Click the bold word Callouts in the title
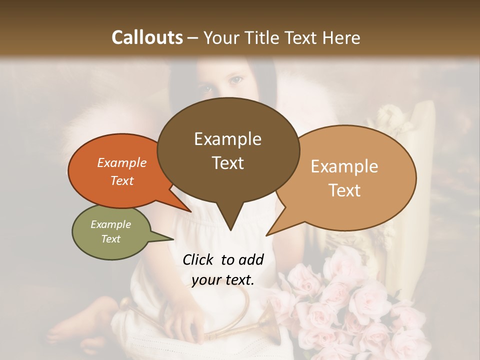click(147, 37)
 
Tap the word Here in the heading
click(340, 37)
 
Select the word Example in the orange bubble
click(122, 162)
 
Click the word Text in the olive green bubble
click(111, 239)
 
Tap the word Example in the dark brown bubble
click(227, 139)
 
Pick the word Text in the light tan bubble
click(345, 190)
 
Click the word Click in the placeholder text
click(198, 259)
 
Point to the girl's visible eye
click(235, 79)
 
